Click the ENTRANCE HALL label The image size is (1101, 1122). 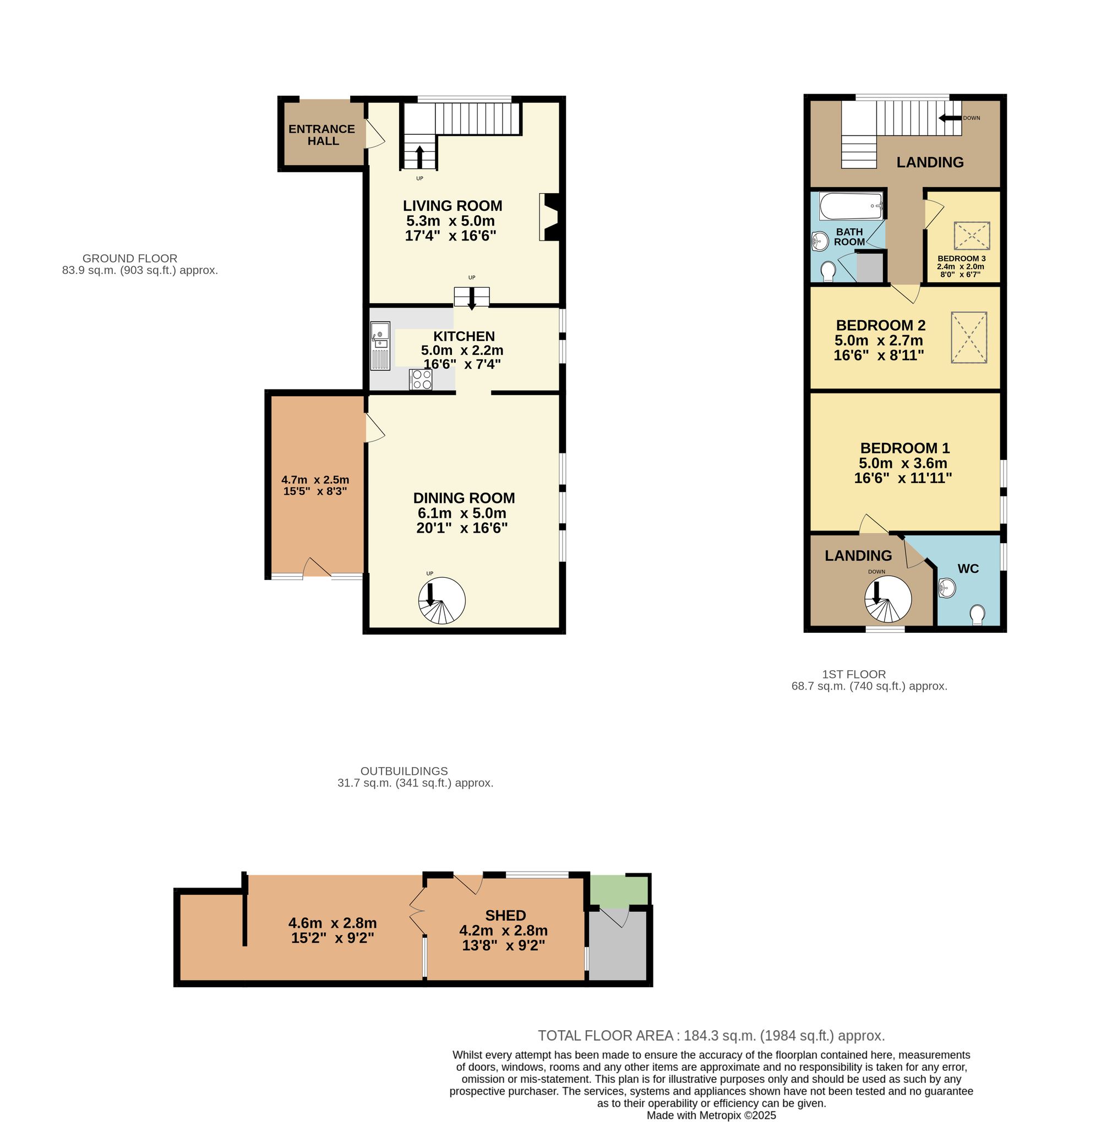[x=322, y=135]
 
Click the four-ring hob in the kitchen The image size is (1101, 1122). [x=421, y=379]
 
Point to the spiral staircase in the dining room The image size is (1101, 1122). [x=441, y=602]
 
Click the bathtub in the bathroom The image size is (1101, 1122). [x=851, y=206]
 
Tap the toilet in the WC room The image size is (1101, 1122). [x=977, y=614]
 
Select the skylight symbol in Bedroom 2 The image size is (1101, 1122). [x=968, y=337]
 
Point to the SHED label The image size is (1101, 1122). [x=505, y=916]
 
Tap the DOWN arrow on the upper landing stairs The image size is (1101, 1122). [x=950, y=118]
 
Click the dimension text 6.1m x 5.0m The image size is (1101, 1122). [x=462, y=513]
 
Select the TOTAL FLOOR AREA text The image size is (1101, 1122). [x=711, y=1035]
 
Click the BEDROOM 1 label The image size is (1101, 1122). [x=904, y=448]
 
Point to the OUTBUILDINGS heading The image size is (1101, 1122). [x=404, y=771]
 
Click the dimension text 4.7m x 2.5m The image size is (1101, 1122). [x=315, y=480]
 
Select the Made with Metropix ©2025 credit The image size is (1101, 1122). [x=711, y=1115]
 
